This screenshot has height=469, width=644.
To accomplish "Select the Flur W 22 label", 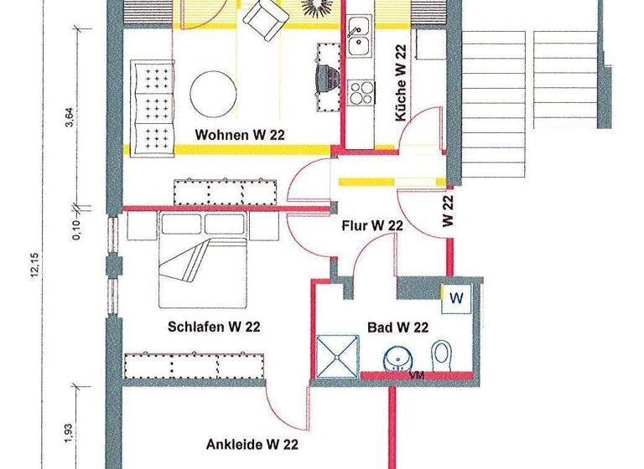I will point(373,225).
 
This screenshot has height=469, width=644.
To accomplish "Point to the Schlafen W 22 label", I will point(214,327).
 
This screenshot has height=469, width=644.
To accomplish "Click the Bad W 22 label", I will point(398,327).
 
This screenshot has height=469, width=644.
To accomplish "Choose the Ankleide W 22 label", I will point(252,446).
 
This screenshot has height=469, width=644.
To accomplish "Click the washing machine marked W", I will point(456,298).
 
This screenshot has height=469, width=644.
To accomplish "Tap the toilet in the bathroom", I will point(441,354).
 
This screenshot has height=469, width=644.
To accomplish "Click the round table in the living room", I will point(212,90).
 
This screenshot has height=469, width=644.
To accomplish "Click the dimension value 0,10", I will point(75,229).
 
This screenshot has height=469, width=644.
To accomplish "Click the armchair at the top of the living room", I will point(264,18).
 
